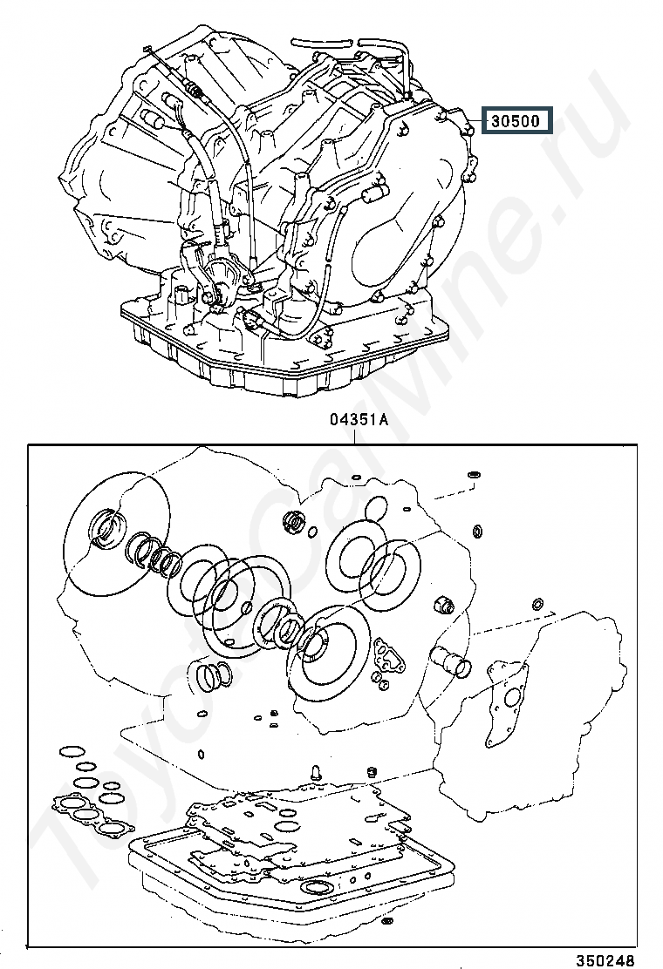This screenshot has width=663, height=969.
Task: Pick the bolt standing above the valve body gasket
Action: pyautogui.click(x=314, y=771)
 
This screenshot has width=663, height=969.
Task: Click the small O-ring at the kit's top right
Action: pyautogui.click(x=474, y=474)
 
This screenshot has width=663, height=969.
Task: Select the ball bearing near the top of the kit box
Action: pyautogui.click(x=294, y=523)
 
